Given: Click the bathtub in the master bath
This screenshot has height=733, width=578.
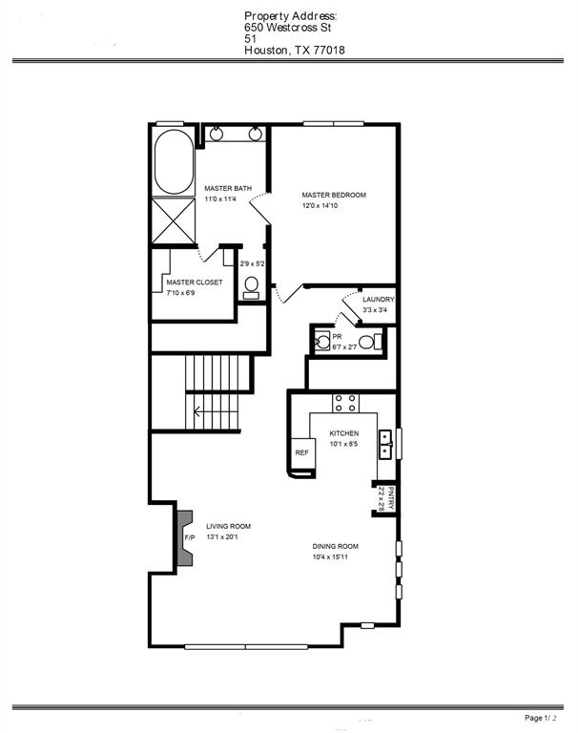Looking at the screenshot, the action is point(174,161).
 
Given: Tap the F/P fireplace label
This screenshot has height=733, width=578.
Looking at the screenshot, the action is point(190,538).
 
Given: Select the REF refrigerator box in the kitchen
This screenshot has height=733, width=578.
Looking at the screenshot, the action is point(301,453).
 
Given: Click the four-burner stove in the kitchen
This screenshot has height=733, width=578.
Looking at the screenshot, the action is point(346,403).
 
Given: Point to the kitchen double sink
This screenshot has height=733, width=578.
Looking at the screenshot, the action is point(385,445).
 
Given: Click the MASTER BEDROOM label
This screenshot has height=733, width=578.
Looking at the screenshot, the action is point(334,195).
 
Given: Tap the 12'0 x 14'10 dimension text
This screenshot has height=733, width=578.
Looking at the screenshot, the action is point(320,206).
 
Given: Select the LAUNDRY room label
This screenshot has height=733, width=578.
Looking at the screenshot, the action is point(379,299).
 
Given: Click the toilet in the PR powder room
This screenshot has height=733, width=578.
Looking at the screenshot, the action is point(370,342).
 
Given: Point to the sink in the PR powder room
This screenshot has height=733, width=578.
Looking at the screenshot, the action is point(322,341).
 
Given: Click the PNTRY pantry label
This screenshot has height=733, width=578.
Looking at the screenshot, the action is point(391,499).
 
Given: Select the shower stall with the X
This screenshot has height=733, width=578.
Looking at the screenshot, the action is point(174,220).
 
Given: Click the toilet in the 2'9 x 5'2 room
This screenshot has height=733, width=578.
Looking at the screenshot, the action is point(252,287).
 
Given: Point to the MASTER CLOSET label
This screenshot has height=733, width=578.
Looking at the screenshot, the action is point(195,283).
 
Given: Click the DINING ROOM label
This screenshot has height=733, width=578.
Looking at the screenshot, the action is point(336,546).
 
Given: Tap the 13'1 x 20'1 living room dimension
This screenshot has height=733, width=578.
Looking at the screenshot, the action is point(222,537).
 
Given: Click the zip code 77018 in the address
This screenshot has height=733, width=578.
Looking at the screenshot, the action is point(328,51).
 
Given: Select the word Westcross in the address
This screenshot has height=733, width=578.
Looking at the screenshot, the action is point(293,28).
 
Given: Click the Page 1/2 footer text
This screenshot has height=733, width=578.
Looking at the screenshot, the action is point(541,718).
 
